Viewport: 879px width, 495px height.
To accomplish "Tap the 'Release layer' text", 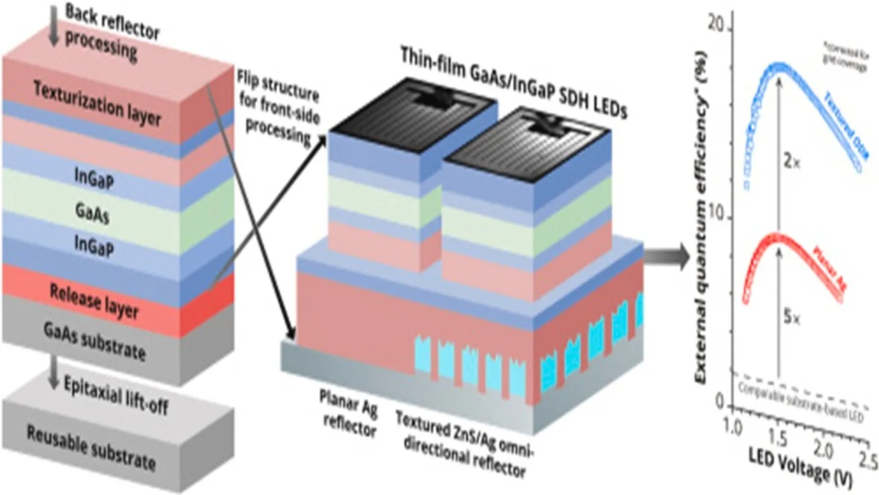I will click(94, 302).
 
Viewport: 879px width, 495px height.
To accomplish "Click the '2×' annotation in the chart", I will click(791, 163).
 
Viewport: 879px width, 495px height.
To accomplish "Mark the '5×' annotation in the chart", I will click(791, 318).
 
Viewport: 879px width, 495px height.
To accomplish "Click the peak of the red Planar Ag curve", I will click(778, 238).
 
